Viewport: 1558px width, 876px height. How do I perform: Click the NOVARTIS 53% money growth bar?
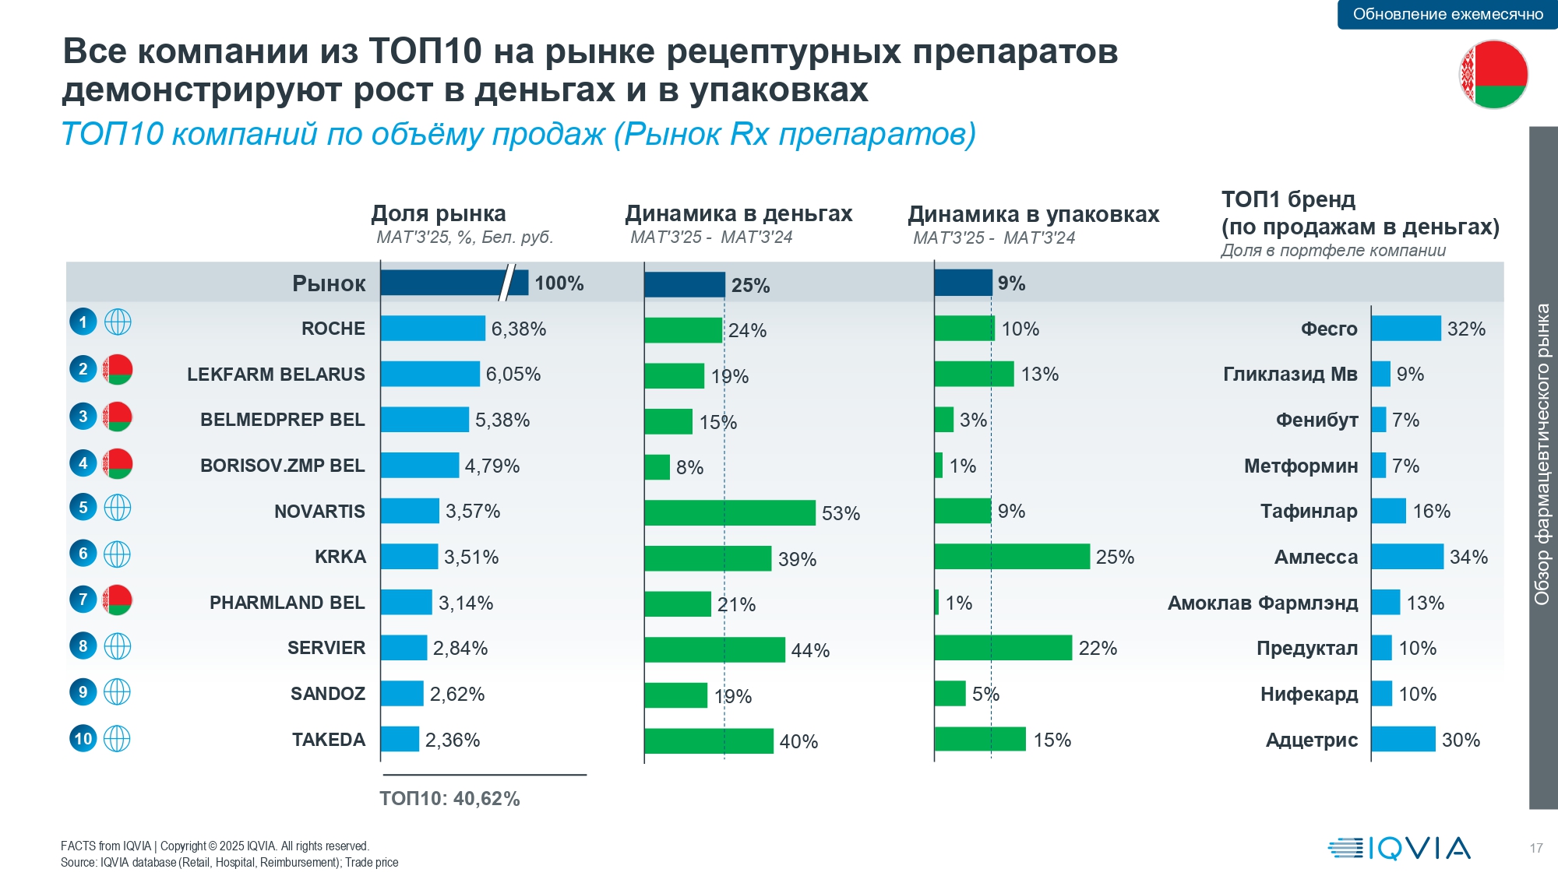(x=729, y=512)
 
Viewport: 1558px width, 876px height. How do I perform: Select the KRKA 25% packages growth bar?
(x=1011, y=557)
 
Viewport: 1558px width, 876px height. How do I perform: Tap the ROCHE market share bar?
(x=432, y=329)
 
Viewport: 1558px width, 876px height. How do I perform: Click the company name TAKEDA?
(x=328, y=740)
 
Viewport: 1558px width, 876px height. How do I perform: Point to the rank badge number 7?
(x=83, y=600)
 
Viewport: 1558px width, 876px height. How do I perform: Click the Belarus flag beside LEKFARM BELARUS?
(x=118, y=369)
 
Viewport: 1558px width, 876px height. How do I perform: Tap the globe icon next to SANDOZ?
(x=118, y=692)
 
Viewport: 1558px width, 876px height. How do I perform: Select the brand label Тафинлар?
(x=1309, y=512)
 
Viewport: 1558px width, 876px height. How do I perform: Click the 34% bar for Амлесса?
(x=1407, y=557)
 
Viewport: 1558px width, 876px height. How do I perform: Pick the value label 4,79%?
(x=492, y=466)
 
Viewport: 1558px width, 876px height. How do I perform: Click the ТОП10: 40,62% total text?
(x=449, y=799)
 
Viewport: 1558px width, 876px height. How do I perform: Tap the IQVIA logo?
(x=1399, y=848)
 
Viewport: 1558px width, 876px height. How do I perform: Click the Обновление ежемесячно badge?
(x=1447, y=14)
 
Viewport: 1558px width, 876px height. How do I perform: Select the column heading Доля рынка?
(x=439, y=213)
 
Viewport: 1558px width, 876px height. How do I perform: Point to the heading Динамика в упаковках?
(x=1033, y=214)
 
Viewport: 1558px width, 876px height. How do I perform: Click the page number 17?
(x=1535, y=848)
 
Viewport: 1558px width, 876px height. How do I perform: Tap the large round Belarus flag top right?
(x=1493, y=74)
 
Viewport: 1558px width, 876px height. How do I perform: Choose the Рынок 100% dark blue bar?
(x=453, y=283)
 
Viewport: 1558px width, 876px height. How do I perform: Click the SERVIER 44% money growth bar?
(x=714, y=649)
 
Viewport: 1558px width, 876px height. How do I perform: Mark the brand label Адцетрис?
(x=1311, y=741)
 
